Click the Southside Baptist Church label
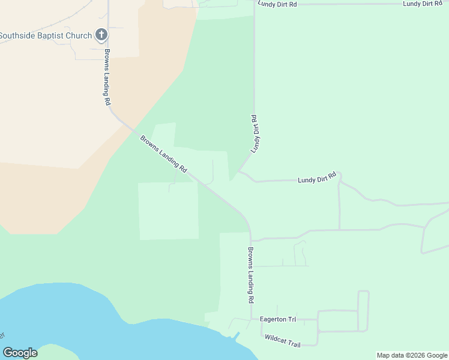click(46, 35)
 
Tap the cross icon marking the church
click(101, 35)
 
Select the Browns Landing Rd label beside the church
click(107, 76)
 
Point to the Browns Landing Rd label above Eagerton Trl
click(251, 275)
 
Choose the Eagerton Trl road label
click(279, 319)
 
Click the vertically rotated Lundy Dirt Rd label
click(256, 133)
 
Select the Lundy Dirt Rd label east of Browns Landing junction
click(316, 178)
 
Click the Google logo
click(20, 353)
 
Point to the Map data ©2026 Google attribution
click(412, 355)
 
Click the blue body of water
click(90, 324)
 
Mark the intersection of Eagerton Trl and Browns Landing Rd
click(250, 320)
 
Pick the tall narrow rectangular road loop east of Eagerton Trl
click(363, 311)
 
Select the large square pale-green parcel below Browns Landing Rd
click(168, 211)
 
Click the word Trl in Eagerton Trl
click(291, 319)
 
